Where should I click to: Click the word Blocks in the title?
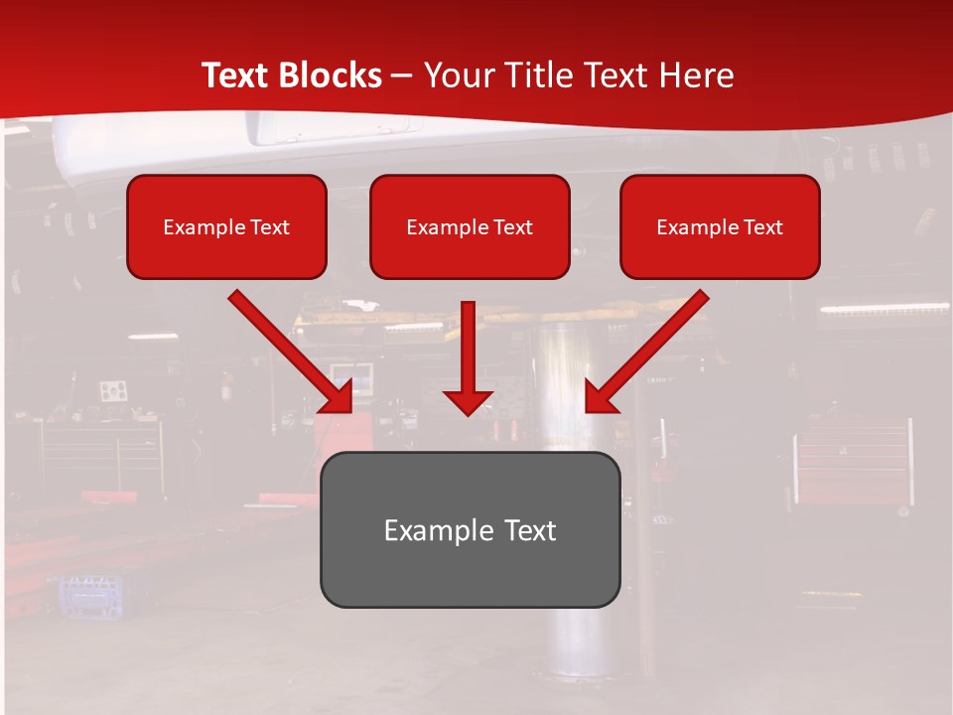(x=330, y=75)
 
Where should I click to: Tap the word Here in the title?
(x=698, y=75)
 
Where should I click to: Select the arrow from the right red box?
(x=650, y=348)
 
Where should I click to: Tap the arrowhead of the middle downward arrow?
(x=468, y=401)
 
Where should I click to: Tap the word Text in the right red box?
(x=762, y=227)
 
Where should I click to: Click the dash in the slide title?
(x=402, y=76)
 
